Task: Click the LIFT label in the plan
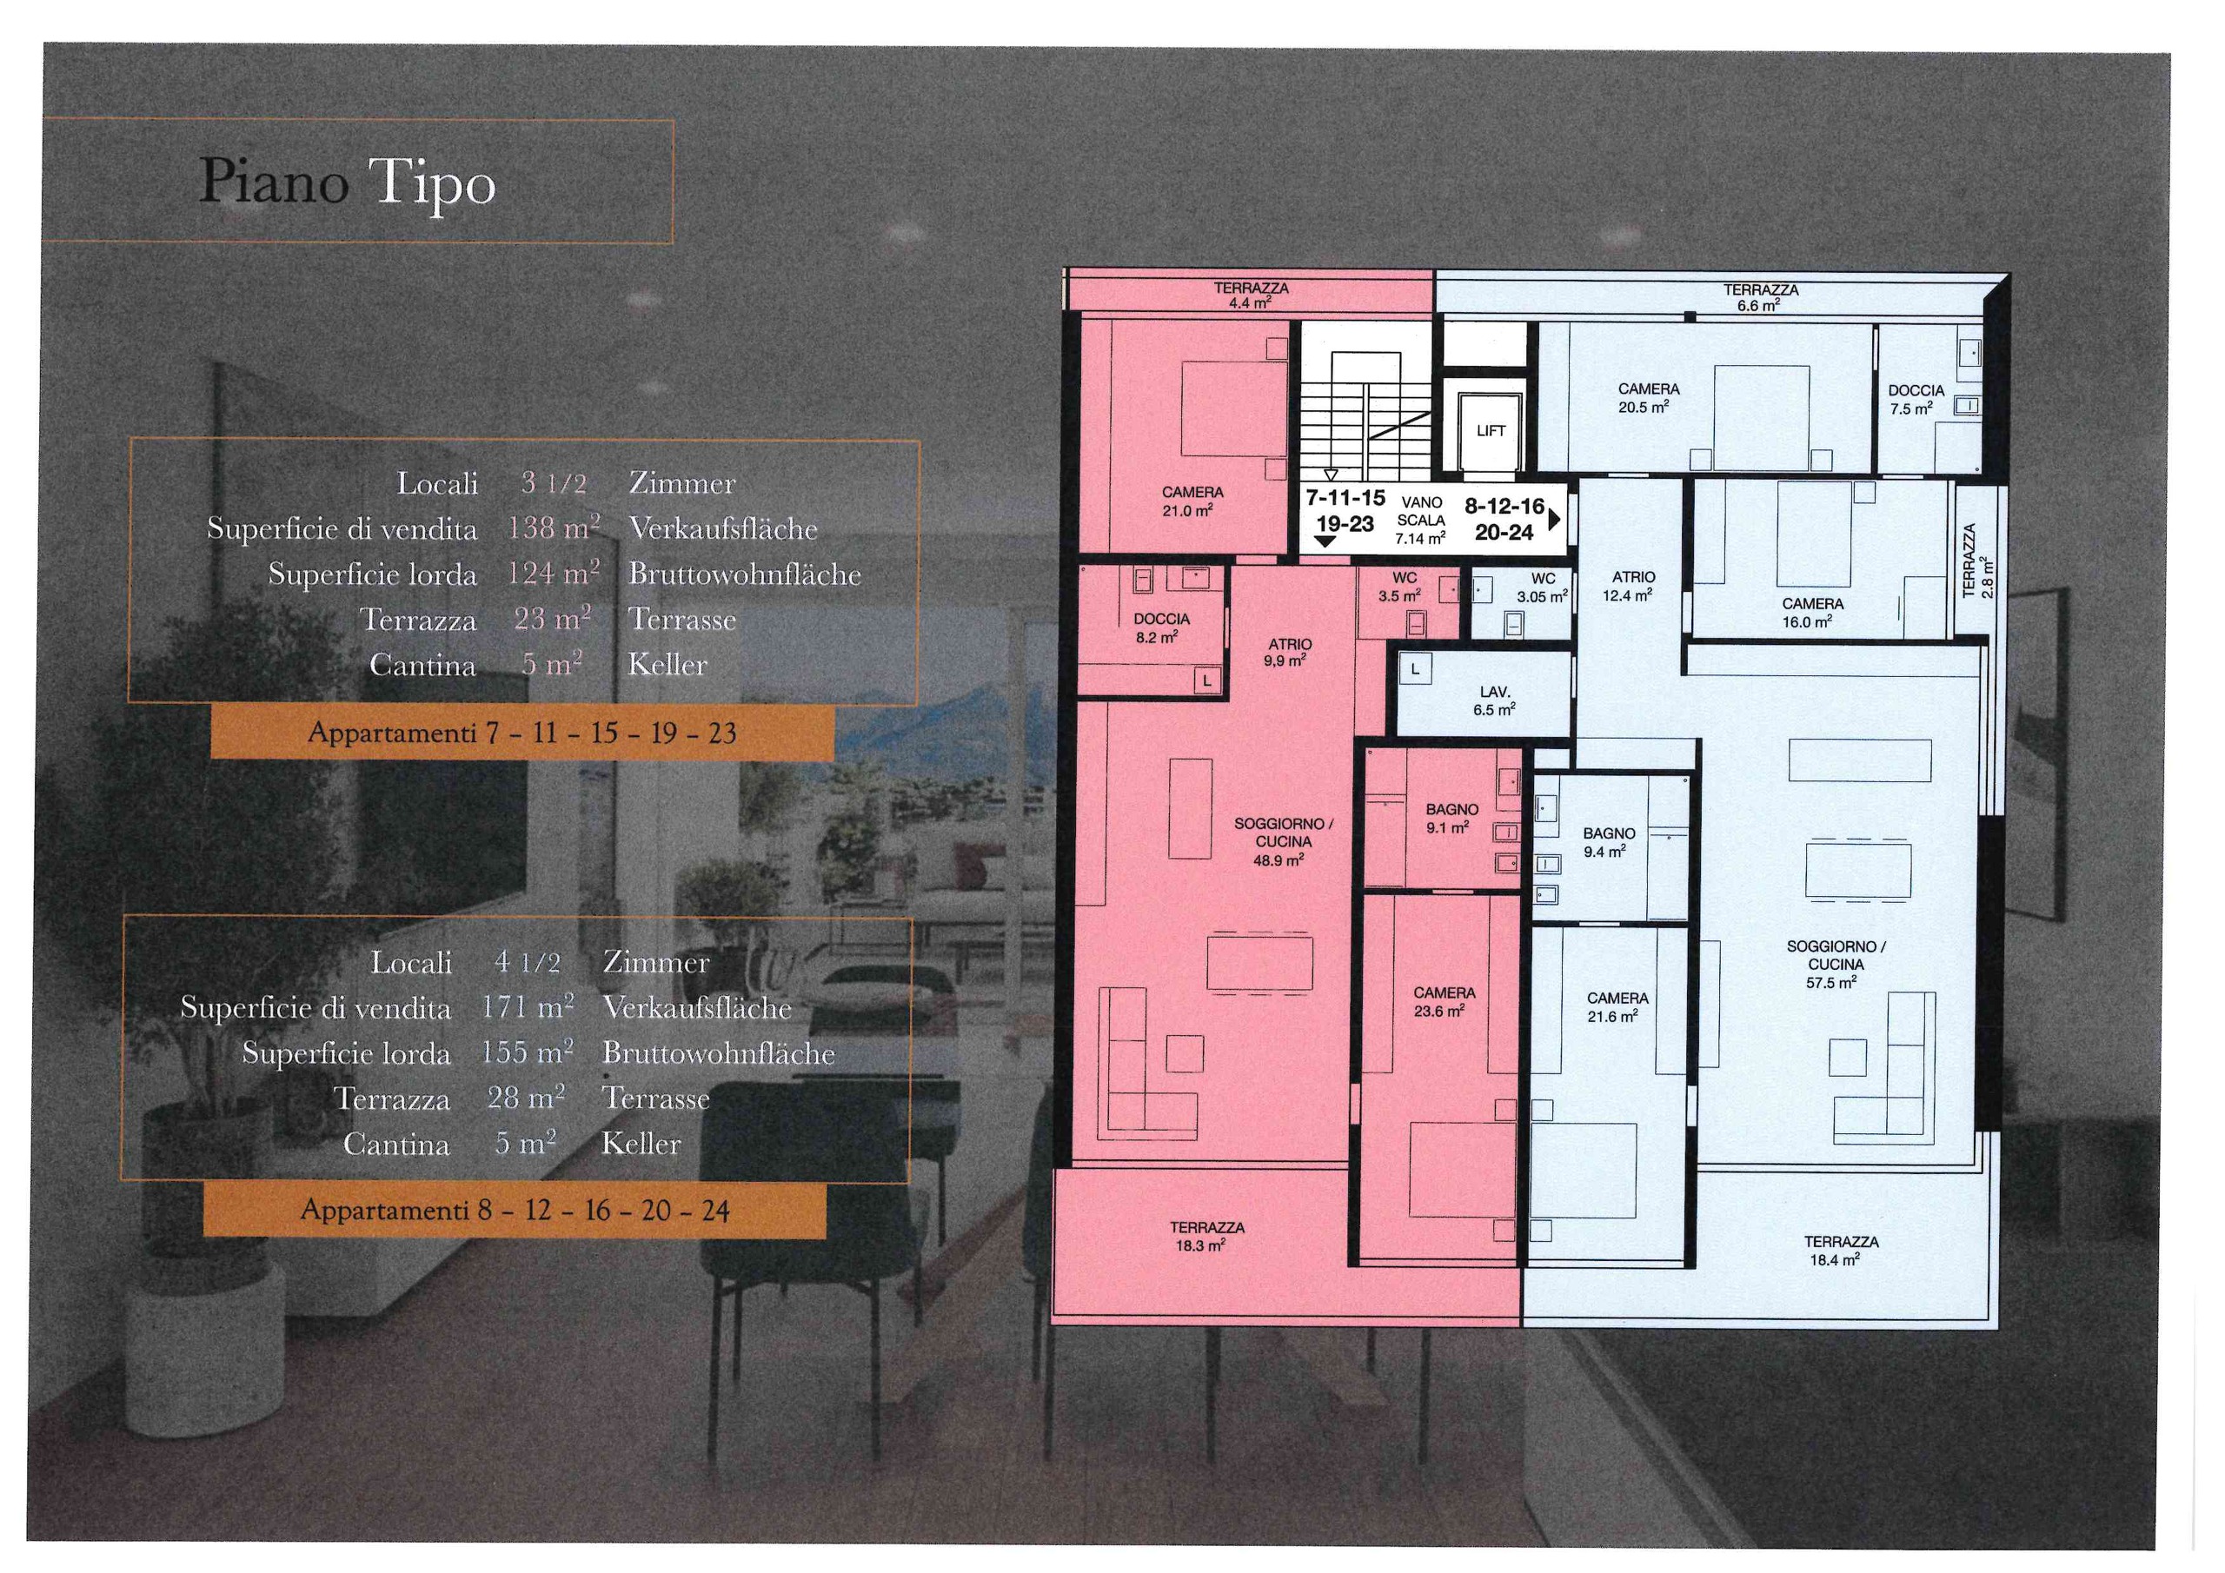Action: point(1491,431)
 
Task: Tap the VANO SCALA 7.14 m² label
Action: point(1421,521)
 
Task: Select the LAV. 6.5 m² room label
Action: point(1494,700)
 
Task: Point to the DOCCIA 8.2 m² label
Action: point(1161,628)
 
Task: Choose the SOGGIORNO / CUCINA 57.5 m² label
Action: point(1836,965)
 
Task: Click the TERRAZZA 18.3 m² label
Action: point(1206,1237)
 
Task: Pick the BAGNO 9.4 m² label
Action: point(1609,842)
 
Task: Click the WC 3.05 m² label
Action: point(1543,587)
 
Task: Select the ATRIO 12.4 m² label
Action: point(1633,587)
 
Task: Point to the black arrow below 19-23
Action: point(1325,541)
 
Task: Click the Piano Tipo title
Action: point(347,183)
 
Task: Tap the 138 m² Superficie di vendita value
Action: point(554,528)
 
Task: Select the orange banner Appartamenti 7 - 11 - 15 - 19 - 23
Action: point(521,733)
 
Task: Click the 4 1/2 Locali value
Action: point(528,962)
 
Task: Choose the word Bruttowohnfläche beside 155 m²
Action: point(718,1053)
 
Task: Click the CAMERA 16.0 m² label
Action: point(1812,613)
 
